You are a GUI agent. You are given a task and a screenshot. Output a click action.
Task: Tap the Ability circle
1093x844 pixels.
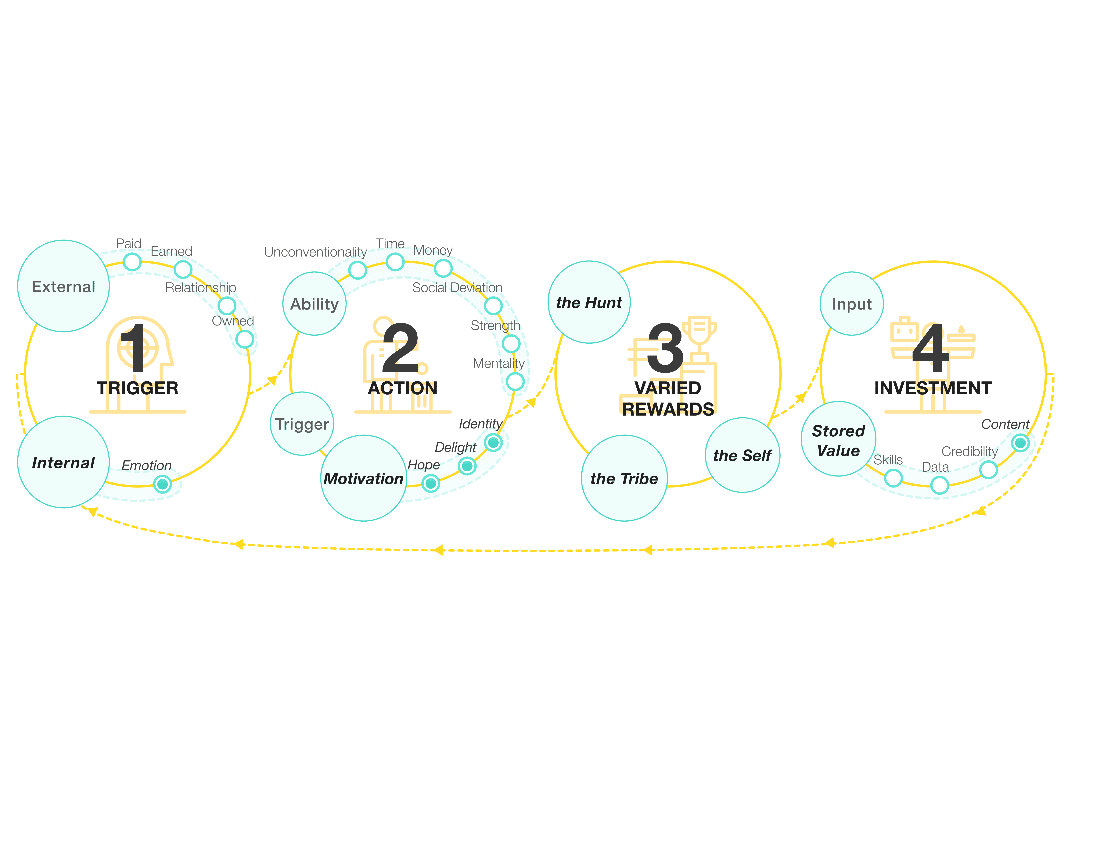point(314,303)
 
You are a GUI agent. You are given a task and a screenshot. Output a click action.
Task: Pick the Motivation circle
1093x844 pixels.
point(363,478)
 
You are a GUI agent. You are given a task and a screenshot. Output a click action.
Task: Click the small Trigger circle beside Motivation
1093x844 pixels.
point(302,424)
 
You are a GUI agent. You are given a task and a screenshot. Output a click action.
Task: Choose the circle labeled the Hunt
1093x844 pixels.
point(589,302)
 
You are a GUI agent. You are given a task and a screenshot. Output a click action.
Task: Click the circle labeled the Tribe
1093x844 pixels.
point(624,478)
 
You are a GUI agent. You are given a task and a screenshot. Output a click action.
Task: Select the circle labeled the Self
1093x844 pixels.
point(742,455)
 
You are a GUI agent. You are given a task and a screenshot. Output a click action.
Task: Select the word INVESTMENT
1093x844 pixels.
point(933,388)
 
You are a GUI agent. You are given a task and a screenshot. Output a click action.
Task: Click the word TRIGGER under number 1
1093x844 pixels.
point(138,388)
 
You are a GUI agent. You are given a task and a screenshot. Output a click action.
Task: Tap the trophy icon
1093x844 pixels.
point(700,332)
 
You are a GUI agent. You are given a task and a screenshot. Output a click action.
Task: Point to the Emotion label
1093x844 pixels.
point(147,465)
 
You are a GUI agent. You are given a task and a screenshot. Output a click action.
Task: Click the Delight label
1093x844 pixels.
point(455,446)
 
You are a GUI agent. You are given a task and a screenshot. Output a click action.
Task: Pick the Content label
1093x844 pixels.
point(1005,424)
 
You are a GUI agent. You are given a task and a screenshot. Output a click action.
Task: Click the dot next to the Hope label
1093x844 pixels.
point(430,483)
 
